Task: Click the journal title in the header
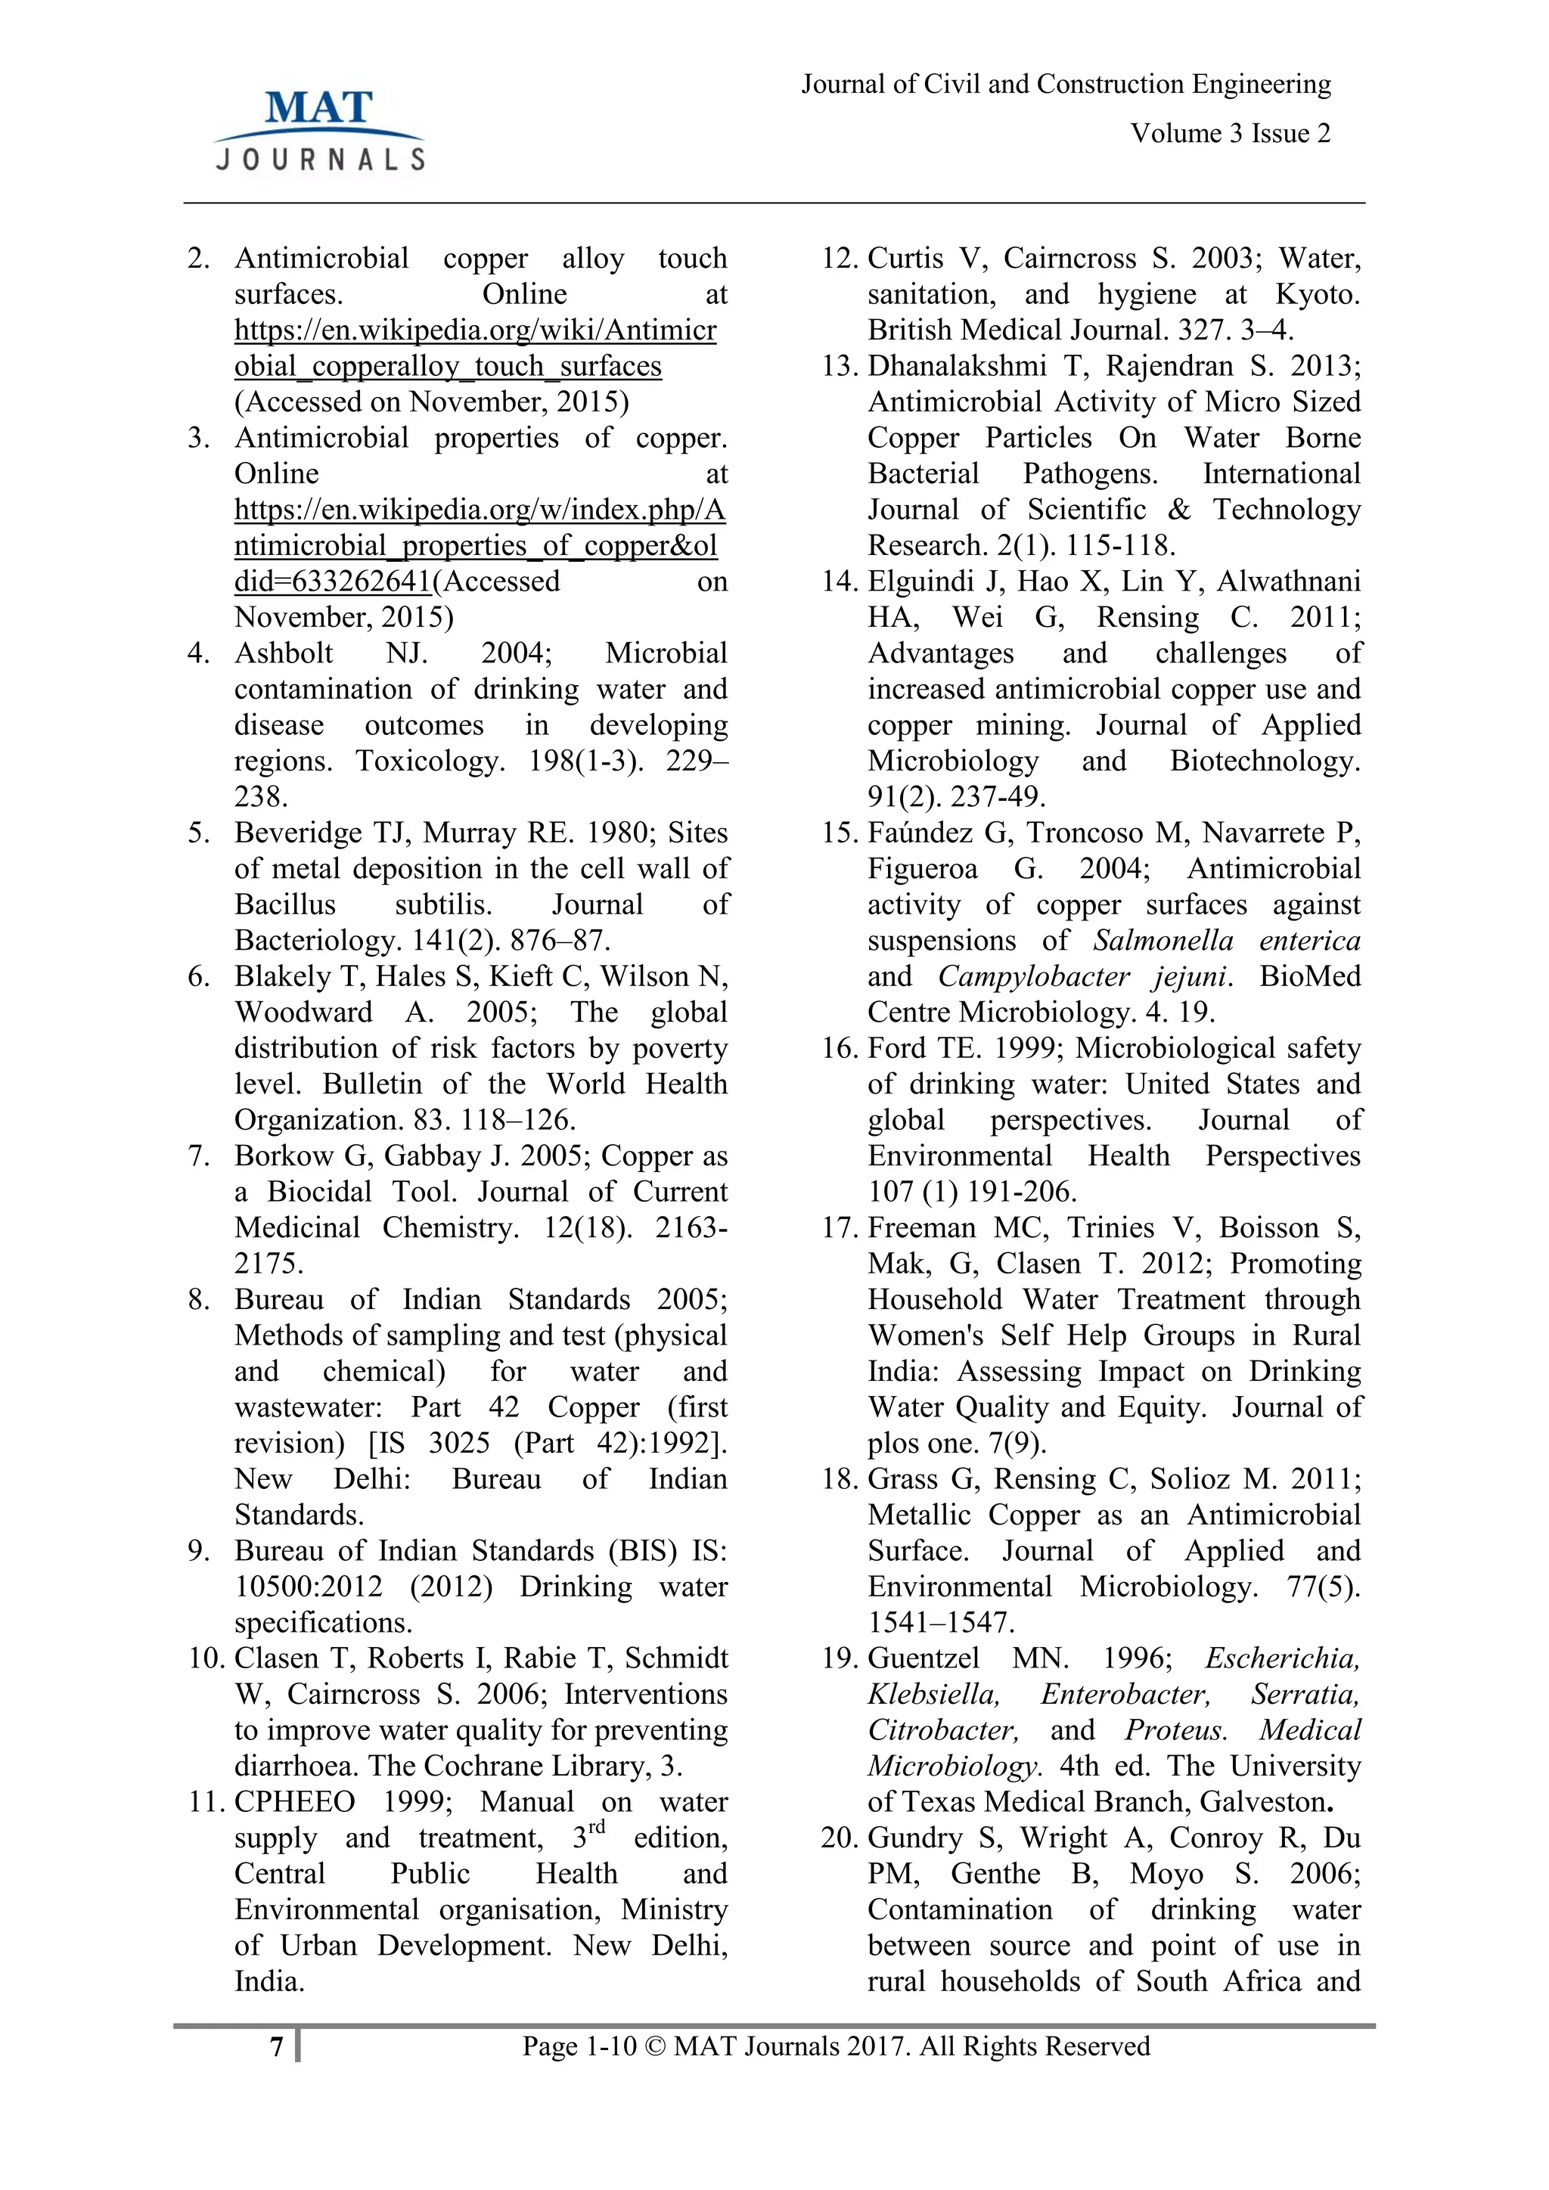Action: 1066,84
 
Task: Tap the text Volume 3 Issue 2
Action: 1230,134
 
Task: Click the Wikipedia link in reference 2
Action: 475,348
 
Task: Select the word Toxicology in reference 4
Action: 428,762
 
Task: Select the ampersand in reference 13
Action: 1179,510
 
